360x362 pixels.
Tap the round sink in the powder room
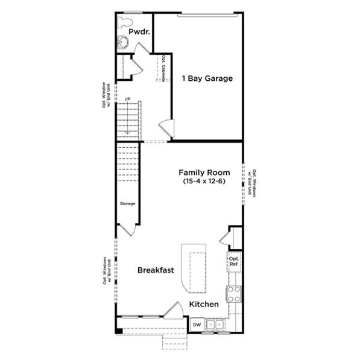tap(123, 42)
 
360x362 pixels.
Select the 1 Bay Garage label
tap(207, 78)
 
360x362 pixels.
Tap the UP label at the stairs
tap(127, 99)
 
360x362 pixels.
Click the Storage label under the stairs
tap(128, 203)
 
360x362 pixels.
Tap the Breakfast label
tap(155, 270)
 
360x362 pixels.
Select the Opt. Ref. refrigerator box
tap(234, 261)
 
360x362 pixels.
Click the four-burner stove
tap(233, 293)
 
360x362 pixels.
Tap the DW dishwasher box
tap(197, 325)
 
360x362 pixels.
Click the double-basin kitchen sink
tap(215, 325)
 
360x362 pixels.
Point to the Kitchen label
tap(204, 305)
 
